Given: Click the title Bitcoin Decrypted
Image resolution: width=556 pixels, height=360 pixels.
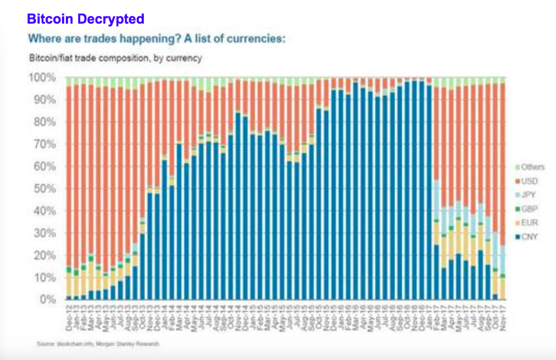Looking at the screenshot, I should (85, 19).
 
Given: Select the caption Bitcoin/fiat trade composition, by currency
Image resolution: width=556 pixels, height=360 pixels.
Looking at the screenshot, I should (115, 57).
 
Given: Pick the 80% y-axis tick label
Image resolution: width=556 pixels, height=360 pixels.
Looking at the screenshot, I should (43, 122).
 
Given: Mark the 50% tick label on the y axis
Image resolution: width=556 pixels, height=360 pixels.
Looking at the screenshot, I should (43, 189).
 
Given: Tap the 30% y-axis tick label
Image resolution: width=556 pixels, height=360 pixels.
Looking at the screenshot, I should (43, 234).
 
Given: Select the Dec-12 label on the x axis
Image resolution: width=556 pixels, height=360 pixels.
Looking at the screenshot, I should (69, 316).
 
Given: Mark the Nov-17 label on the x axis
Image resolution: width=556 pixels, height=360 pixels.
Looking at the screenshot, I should (502, 316).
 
